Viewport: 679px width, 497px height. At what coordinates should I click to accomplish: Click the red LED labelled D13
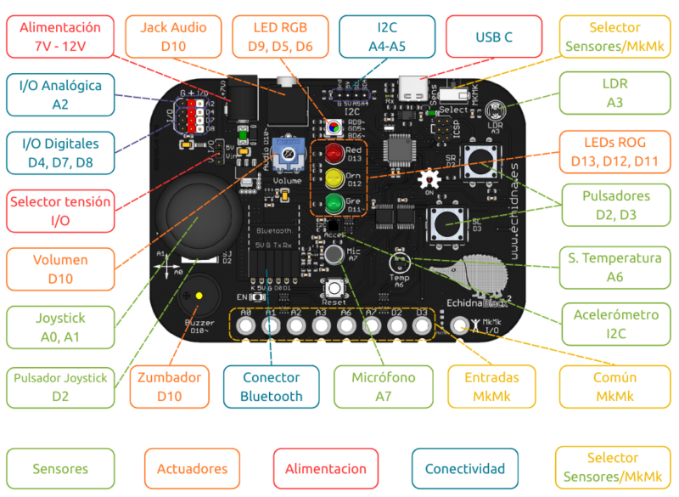333,155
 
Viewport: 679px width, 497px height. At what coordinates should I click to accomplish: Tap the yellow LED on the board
333,178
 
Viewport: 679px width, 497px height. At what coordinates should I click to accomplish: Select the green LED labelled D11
333,203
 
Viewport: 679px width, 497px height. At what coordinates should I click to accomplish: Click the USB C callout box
494,37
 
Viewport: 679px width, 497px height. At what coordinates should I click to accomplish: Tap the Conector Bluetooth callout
271,387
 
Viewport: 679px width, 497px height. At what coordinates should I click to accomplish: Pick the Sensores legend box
60,468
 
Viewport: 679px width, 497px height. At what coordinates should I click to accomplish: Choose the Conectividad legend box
464,468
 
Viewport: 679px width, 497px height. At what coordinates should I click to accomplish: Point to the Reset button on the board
334,288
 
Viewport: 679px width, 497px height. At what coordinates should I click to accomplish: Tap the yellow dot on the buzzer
199,296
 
